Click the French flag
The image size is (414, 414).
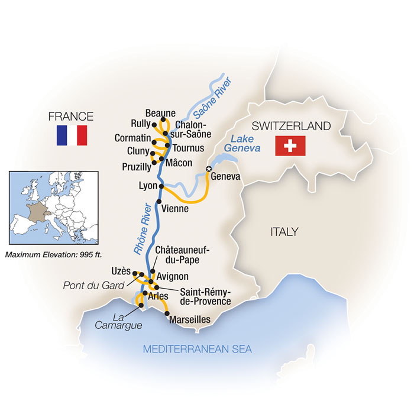72,135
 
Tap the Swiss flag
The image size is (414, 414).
290,145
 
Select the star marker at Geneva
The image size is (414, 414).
208,170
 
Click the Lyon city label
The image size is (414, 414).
147,186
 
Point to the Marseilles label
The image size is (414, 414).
190,319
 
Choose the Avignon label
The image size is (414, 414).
173,276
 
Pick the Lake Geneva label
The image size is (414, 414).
245,144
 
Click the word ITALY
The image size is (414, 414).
284,232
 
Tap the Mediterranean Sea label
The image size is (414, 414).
198,350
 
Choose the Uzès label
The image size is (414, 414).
120,271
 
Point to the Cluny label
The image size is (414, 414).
138,151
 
